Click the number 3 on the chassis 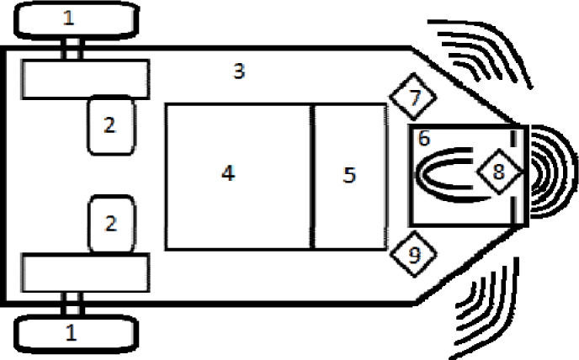click(x=239, y=71)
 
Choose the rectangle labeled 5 click(x=349, y=176)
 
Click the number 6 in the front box click(x=423, y=136)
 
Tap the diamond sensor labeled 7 click(x=415, y=97)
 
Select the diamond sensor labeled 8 click(x=498, y=172)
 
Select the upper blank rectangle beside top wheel click(x=84, y=78)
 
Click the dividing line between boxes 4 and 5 click(x=312, y=176)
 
